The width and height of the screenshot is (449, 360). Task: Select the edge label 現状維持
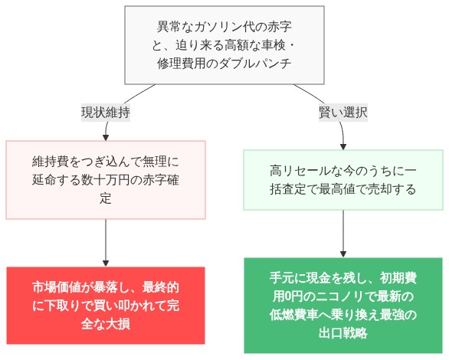click(106, 112)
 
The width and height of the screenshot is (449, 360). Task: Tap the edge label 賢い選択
click(342, 112)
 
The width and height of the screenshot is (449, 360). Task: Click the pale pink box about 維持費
click(106, 180)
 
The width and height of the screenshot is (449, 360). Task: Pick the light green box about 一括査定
click(342, 179)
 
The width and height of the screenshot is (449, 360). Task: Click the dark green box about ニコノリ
click(342, 305)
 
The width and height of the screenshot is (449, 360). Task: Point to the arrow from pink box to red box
click(106, 241)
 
